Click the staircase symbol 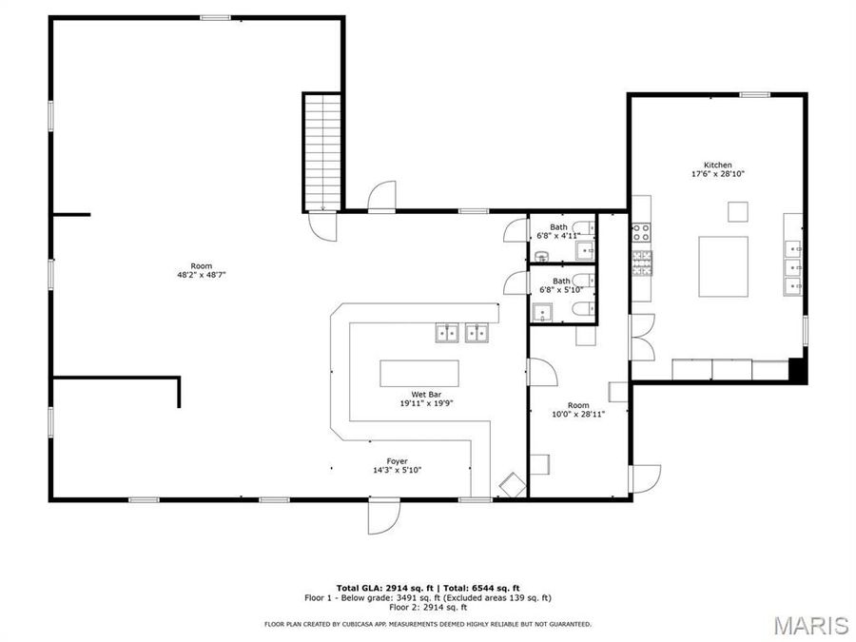pos(322,151)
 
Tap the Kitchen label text pos(717,165)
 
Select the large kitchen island pos(723,266)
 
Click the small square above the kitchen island pos(738,211)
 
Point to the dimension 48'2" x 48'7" pos(201,275)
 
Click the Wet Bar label pos(424,394)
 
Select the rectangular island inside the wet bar pos(418,373)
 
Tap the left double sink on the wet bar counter pos(447,332)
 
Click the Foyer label pos(397,461)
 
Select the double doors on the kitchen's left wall pos(642,337)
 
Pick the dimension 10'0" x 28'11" pos(578,414)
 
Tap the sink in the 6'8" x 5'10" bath pos(542,312)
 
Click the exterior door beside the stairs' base pos(382,196)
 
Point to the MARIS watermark pos(810,625)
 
